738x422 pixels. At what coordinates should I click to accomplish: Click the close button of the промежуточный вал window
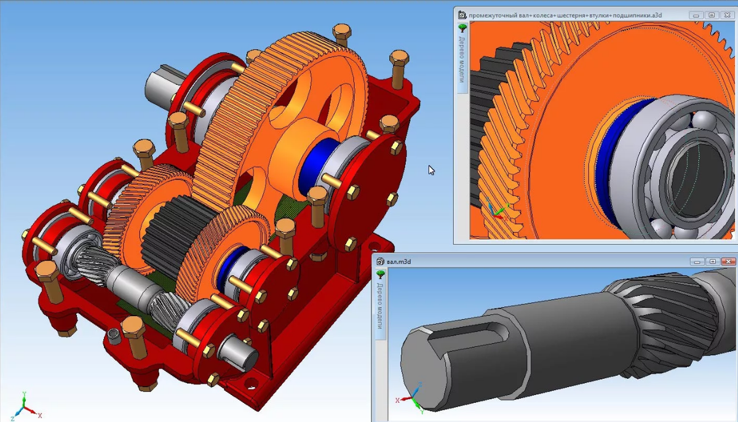[727, 15]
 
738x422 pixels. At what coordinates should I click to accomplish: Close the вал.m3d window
[727, 261]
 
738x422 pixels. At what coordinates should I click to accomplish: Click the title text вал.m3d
[399, 261]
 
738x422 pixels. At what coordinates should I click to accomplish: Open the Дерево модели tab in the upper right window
[462, 60]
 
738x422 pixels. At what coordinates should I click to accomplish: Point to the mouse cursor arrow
[431, 169]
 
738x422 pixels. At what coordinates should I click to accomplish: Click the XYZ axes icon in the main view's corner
[23, 406]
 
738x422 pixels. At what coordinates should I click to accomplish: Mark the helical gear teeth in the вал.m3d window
[658, 320]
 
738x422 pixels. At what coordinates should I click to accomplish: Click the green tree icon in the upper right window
[462, 28]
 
